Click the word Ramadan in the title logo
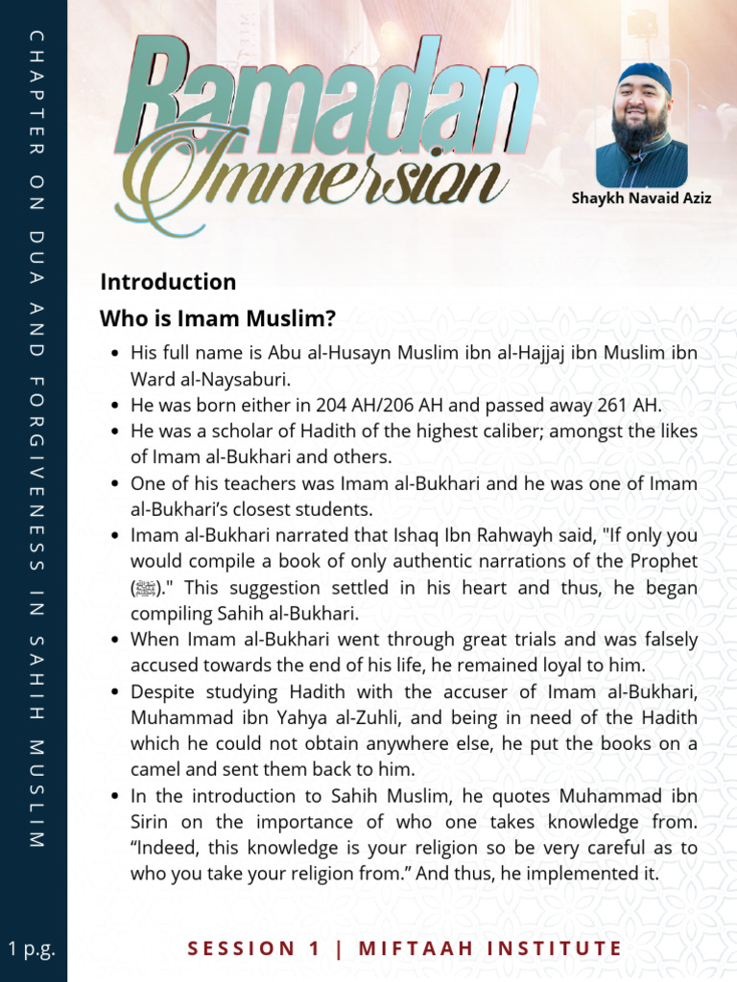pyautogui.click(x=326, y=96)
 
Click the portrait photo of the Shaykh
pyautogui.click(x=641, y=126)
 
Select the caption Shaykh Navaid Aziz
pyautogui.click(x=641, y=199)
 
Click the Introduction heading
pyautogui.click(x=168, y=282)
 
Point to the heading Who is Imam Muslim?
pyautogui.click(x=218, y=318)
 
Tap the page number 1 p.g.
pyautogui.click(x=32, y=949)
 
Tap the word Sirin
pyautogui.click(x=153, y=822)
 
